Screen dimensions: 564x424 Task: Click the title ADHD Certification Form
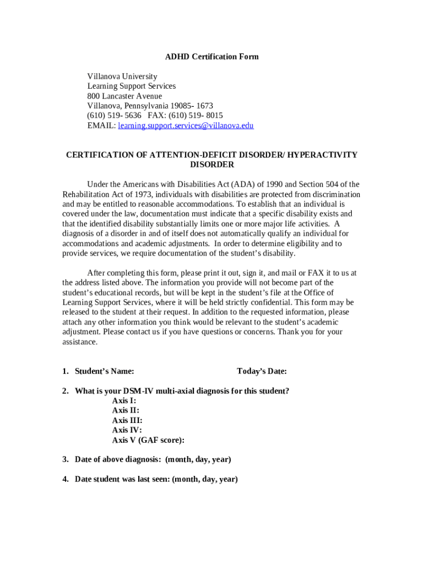click(212, 57)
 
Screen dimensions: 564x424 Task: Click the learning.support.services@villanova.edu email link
click(186, 126)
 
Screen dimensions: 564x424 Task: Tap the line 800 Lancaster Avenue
click(124, 96)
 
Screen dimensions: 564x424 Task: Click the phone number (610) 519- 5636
click(114, 116)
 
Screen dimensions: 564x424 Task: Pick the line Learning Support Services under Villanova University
click(132, 86)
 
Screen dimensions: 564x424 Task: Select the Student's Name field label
click(104, 371)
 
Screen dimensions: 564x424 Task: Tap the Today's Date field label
click(262, 371)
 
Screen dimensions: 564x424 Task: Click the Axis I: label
click(124, 401)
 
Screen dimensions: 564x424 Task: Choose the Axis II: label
click(126, 410)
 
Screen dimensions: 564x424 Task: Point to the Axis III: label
click(127, 420)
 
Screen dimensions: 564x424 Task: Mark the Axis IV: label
click(127, 430)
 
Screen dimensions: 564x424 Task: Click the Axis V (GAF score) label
click(148, 440)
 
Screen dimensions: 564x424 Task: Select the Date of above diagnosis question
click(153, 459)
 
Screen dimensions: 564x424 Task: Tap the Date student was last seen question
click(156, 479)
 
